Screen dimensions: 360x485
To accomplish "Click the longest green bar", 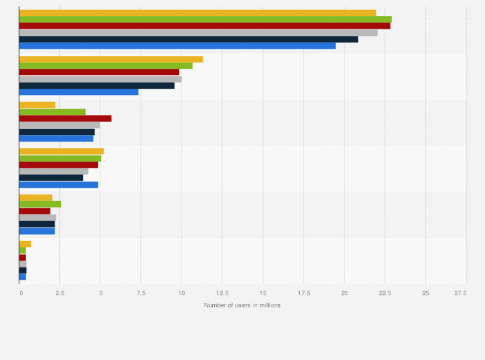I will point(205,19).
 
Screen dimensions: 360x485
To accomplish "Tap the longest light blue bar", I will point(177,46).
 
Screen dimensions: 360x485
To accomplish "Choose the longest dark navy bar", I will point(188,39).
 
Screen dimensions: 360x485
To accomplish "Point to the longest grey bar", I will point(198,32).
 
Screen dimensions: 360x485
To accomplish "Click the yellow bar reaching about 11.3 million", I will point(111,59).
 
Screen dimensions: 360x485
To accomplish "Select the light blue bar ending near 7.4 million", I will point(78,92).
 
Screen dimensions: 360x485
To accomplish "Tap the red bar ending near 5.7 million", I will point(65,118).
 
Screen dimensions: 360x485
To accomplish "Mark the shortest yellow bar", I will point(25,244).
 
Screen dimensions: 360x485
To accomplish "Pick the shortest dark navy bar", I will point(23,270).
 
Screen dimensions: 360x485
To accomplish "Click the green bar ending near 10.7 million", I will point(105,66).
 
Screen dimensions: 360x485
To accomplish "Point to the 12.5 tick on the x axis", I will point(222,293).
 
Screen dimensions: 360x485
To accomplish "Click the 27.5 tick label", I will point(461,293).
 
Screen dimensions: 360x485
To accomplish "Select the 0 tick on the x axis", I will point(20,293).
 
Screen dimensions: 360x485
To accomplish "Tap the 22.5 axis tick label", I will point(384,293).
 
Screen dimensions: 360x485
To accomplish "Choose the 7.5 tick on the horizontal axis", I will point(141,293).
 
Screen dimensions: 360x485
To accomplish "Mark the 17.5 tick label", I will point(303,293).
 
